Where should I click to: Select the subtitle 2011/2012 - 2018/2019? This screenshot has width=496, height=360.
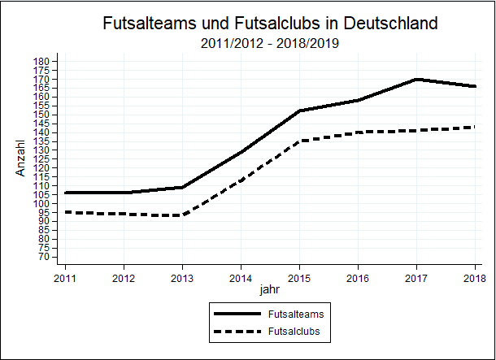[269, 43]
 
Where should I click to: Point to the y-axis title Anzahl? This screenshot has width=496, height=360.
[22, 158]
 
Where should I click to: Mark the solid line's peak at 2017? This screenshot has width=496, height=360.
[416, 79]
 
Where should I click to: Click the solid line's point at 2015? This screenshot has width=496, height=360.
[299, 111]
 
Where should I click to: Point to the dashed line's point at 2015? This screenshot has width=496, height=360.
[299, 141]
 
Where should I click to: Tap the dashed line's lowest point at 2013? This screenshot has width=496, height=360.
[182, 215]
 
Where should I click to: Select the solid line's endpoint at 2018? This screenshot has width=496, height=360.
[475, 86]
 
